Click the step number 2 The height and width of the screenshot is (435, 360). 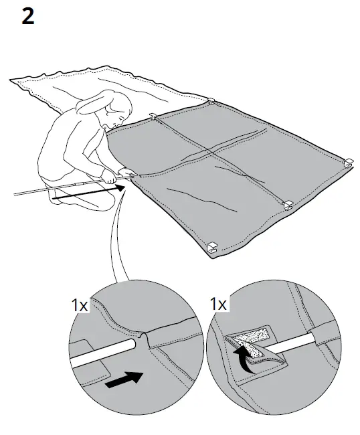(x=27, y=16)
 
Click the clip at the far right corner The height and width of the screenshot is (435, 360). (x=348, y=162)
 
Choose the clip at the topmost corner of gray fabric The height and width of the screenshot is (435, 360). (x=211, y=102)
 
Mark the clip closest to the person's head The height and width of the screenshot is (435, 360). (x=153, y=117)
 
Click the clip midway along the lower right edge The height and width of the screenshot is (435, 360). (x=288, y=204)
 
